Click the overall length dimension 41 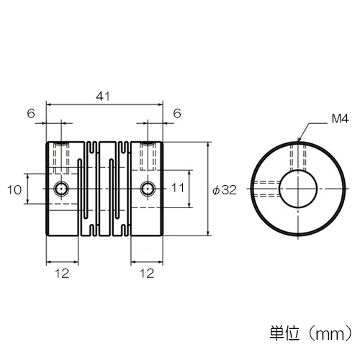point(103,96)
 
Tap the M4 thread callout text point(340,119)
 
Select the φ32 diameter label point(225,190)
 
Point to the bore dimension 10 point(14,190)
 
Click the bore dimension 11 point(178,188)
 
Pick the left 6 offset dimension point(31,113)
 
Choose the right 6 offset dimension point(177,113)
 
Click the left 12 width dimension point(62,274)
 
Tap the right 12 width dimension point(147,274)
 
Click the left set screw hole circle point(62,189)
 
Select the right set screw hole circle point(148,189)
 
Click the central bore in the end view point(298,189)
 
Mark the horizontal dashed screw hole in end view point(266,189)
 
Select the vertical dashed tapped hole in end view point(298,156)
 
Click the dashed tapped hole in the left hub point(62,158)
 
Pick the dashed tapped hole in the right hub point(148,156)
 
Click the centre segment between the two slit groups point(106,189)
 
